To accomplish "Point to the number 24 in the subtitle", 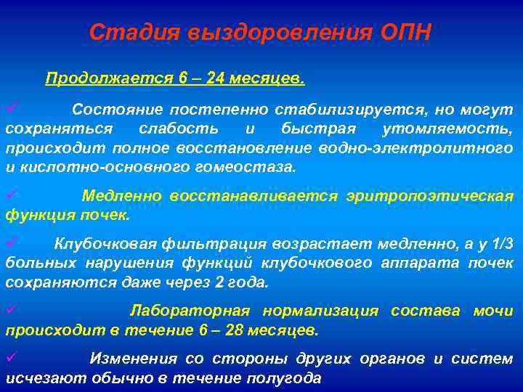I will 214,78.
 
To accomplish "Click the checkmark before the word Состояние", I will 11,108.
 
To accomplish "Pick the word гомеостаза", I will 250,166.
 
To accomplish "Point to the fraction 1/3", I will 502,244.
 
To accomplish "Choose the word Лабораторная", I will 190,311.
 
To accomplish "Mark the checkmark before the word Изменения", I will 11,356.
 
